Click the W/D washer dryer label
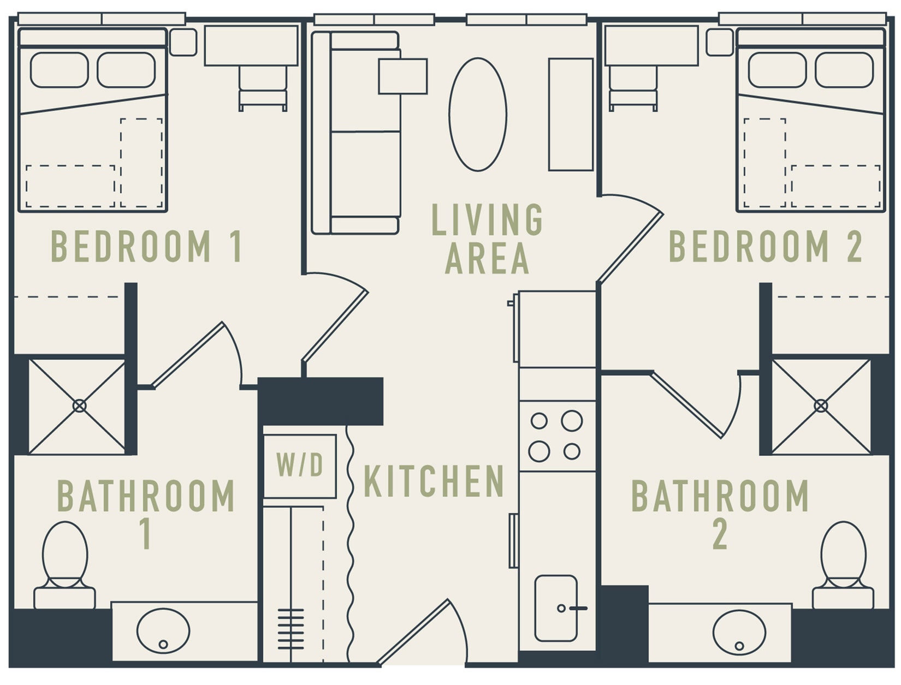(300, 466)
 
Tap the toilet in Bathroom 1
(65, 562)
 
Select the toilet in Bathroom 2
(843, 562)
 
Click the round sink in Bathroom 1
(163, 630)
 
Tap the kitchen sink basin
(556, 607)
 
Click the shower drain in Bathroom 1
(79, 406)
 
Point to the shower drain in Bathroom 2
(820, 406)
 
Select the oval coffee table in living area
(478, 114)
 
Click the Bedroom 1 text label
(146, 247)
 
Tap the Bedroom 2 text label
(766, 247)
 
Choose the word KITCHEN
(434, 481)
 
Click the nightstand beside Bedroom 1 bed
(183, 42)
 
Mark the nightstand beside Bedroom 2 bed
(719, 42)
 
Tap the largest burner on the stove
(572, 421)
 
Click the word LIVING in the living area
(487, 219)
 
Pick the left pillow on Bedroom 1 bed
(60, 70)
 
